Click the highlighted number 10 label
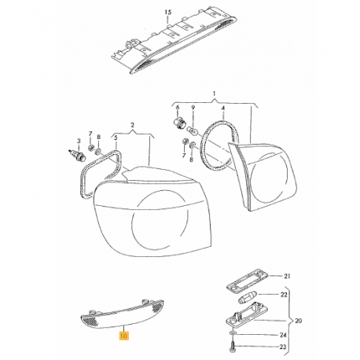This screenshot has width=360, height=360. click(x=123, y=336)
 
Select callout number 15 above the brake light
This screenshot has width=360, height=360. click(x=168, y=12)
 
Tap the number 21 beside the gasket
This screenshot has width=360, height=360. click(x=288, y=276)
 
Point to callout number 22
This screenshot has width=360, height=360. click(x=284, y=295)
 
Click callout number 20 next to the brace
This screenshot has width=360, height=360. click(x=299, y=321)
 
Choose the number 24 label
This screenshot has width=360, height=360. click(x=283, y=335)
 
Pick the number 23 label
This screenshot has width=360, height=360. click(x=283, y=347)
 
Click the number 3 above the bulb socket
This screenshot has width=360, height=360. click(x=79, y=141)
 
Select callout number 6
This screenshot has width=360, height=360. click(x=178, y=107)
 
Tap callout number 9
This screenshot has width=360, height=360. click(x=193, y=107)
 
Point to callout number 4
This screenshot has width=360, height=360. click(x=223, y=108)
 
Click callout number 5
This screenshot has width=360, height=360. click(x=116, y=137)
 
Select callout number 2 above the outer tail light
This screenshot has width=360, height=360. click(x=132, y=125)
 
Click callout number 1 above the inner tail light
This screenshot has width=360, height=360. click(x=214, y=94)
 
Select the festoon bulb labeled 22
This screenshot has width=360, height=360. click(x=248, y=296)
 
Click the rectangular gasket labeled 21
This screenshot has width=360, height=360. click(x=248, y=279)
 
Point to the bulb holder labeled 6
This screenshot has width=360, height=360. click(x=179, y=123)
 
